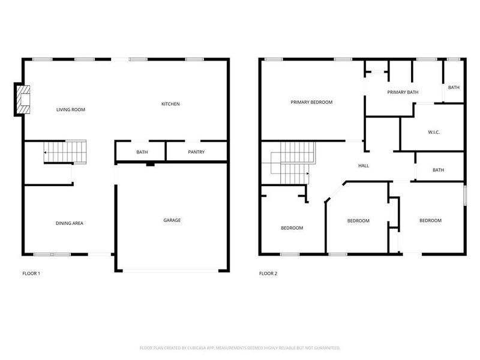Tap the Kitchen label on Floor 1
(x=170, y=104)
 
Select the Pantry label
(x=196, y=152)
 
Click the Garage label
(x=172, y=220)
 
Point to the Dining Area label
(x=70, y=223)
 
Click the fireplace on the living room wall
(x=23, y=98)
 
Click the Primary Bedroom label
(x=311, y=103)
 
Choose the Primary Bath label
(x=403, y=92)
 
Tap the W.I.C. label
(x=434, y=132)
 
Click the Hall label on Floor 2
(x=364, y=166)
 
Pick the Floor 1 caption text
(x=31, y=274)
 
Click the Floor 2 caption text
(x=268, y=274)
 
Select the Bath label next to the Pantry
(x=142, y=152)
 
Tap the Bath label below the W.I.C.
(x=439, y=170)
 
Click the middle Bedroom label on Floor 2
(x=358, y=221)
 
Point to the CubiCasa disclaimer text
(x=240, y=348)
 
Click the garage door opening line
(x=172, y=271)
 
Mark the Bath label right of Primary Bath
(x=454, y=88)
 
